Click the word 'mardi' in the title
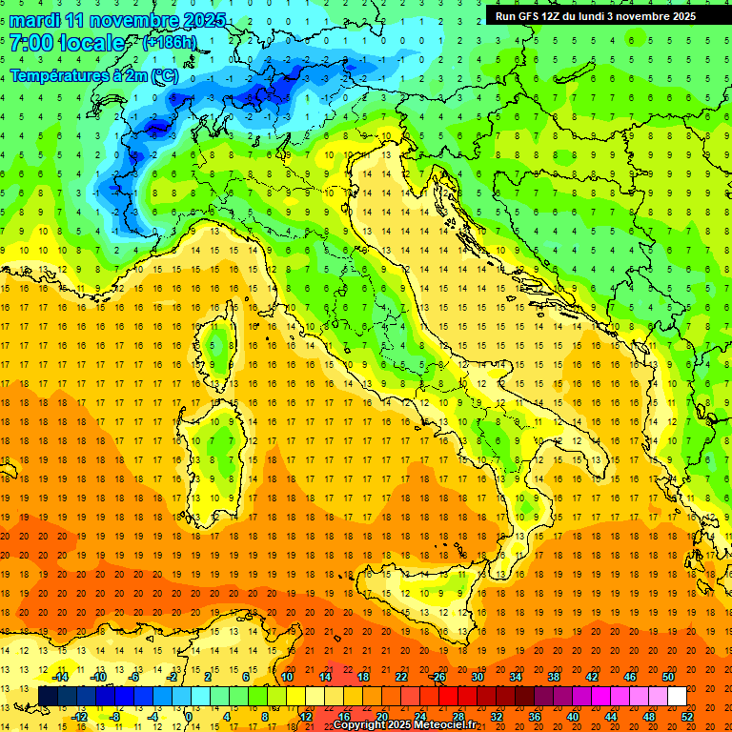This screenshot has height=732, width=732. [34, 20]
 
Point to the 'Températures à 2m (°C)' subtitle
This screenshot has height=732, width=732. [93, 74]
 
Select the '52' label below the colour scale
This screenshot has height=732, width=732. [687, 717]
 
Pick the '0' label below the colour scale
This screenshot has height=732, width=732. [189, 717]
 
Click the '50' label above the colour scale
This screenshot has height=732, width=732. [668, 677]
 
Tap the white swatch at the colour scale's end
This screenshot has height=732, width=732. [677, 696]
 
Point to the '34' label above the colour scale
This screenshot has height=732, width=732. [515, 677]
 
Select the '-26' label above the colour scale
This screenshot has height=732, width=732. [437, 677]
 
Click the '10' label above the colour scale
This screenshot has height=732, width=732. [286, 677]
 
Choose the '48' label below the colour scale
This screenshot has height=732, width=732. [649, 717]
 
